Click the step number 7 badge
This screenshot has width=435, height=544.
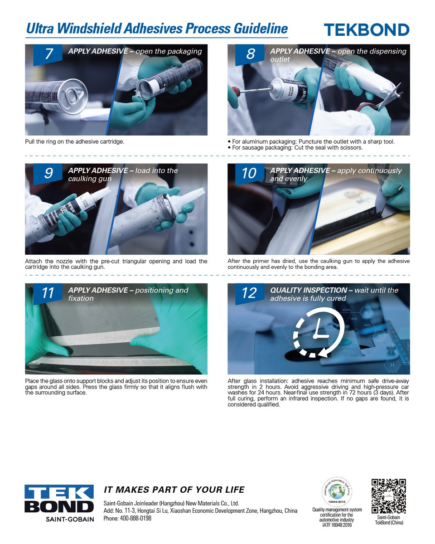coord(48,54)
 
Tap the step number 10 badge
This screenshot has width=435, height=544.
coord(250,174)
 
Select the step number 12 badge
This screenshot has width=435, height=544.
coord(250,293)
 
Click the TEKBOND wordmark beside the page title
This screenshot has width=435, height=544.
coord(366,30)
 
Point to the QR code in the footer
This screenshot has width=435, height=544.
coord(388,496)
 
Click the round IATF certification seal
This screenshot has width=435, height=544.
coord(337,492)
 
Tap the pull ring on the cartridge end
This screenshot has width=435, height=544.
coord(74,95)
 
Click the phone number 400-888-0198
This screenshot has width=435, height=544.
coord(135,518)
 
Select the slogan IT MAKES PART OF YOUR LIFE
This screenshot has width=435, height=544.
coord(174,490)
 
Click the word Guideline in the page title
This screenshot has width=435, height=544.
coord(261,29)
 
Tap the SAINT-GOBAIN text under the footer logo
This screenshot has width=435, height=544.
coord(70,519)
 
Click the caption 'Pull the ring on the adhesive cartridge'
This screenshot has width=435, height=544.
coord(75,141)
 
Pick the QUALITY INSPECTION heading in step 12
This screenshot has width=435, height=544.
coord(309,290)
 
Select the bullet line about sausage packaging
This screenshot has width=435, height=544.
coord(295,148)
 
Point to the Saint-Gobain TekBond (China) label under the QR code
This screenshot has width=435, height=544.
coord(389,520)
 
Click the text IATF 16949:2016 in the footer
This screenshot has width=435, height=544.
coord(337,525)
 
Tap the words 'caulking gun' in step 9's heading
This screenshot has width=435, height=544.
coord(90,179)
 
